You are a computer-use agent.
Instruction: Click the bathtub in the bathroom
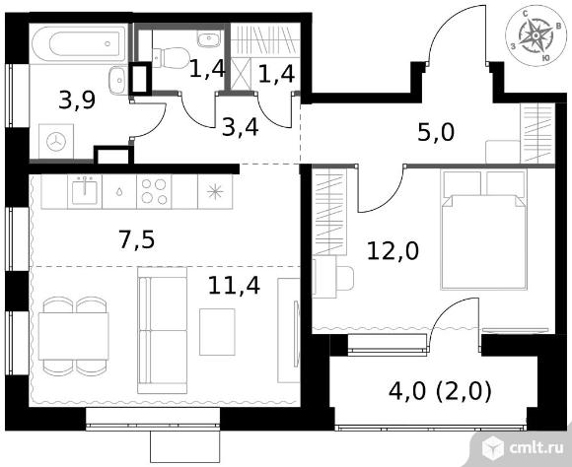pos(79,44)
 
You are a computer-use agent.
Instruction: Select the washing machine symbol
pos(56,142)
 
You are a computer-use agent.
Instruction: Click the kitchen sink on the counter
pos(85,192)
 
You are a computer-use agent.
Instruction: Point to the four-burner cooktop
pos(154,192)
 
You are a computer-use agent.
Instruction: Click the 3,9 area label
pos(77,100)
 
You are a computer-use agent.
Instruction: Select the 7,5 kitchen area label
pos(137,240)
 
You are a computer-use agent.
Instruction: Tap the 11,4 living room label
pos(234,285)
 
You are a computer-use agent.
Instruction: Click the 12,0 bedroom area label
pos(393,251)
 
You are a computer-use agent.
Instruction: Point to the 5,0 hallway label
pos(436,132)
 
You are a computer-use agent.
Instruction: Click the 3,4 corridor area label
pos(241,128)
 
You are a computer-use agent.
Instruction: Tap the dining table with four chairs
pos(74,336)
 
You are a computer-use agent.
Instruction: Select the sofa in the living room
pos(163,330)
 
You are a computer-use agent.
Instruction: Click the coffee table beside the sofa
pos(217,332)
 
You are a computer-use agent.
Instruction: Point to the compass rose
pos(536,35)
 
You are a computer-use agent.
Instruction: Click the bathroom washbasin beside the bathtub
pos(117,80)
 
